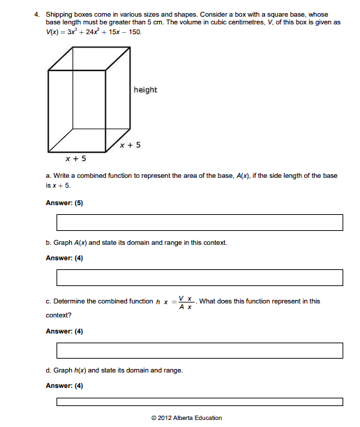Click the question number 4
(36, 14)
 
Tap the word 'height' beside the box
(145, 90)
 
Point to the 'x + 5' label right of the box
(130, 145)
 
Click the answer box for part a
(200, 223)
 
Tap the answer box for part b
(200, 277)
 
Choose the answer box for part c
(200, 350)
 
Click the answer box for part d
(200, 402)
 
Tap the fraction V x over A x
(186, 301)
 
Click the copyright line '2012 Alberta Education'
(186, 418)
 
